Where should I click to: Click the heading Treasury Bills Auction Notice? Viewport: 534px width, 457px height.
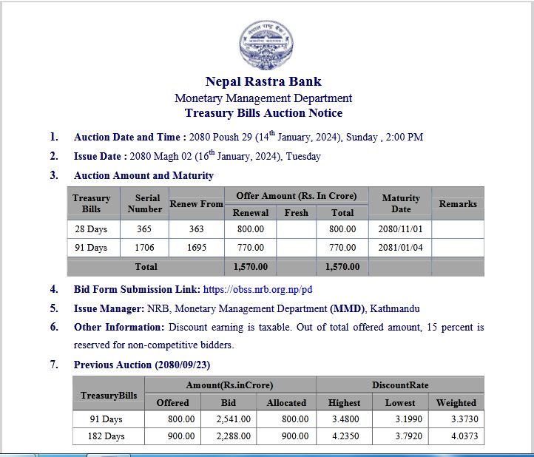pyautogui.click(x=263, y=113)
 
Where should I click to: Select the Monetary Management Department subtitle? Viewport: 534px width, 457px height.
pyautogui.click(x=263, y=98)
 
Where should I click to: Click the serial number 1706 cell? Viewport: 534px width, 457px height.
pyautogui.click(x=144, y=248)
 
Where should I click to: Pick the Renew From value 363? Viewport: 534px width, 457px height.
pyautogui.click(x=196, y=229)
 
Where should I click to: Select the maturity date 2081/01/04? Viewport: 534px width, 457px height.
pyautogui.click(x=400, y=248)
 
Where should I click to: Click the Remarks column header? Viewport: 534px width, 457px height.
pyautogui.click(x=457, y=203)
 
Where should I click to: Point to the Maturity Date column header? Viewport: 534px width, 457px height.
pyautogui.click(x=400, y=203)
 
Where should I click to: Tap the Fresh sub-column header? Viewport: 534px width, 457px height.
pyautogui.click(x=296, y=212)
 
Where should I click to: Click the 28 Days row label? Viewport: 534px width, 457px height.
pyautogui.click(x=92, y=229)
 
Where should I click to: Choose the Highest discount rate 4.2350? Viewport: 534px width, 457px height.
pyautogui.click(x=344, y=436)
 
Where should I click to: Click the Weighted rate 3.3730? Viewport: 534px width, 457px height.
pyautogui.click(x=456, y=419)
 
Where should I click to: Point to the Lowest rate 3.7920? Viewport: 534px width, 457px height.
pyautogui.click(x=400, y=436)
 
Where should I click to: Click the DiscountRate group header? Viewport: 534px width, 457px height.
pyautogui.click(x=399, y=385)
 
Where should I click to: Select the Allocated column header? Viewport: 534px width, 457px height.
pyautogui.click(x=286, y=402)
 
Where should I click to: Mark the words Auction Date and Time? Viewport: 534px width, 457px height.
pyautogui.click(x=129, y=137)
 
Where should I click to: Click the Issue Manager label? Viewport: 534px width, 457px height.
pyautogui.click(x=109, y=308)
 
